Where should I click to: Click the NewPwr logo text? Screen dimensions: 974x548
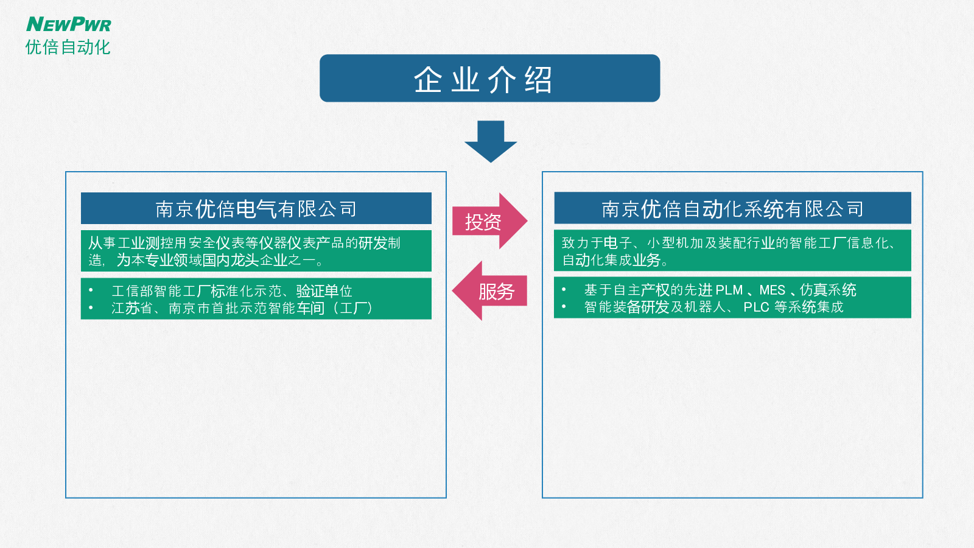(x=69, y=24)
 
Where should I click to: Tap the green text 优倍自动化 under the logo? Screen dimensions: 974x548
(x=68, y=47)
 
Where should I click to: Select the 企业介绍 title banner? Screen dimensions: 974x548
(x=489, y=79)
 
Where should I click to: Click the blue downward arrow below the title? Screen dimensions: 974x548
(x=491, y=142)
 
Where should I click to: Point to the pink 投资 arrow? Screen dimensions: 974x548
(x=490, y=221)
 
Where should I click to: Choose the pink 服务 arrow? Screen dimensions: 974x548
(x=489, y=290)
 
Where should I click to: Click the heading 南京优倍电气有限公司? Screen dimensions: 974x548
(x=256, y=209)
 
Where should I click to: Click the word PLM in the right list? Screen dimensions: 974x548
(x=729, y=290)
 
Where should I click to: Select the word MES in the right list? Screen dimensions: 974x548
(x=773, y=290)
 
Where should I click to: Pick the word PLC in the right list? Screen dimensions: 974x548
(x=757, y=307)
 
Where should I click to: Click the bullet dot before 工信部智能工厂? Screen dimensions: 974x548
(x=91, y=290)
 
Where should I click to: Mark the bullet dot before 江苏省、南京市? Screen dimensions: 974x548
(x=91, y=307)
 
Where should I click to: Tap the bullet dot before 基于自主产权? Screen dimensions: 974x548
(x=564, y=289)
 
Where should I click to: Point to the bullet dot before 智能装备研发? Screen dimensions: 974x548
(x=564, y=307)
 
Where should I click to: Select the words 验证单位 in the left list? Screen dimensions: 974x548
(x=324, y=290)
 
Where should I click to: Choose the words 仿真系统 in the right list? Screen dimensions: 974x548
(x=828, y=290)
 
